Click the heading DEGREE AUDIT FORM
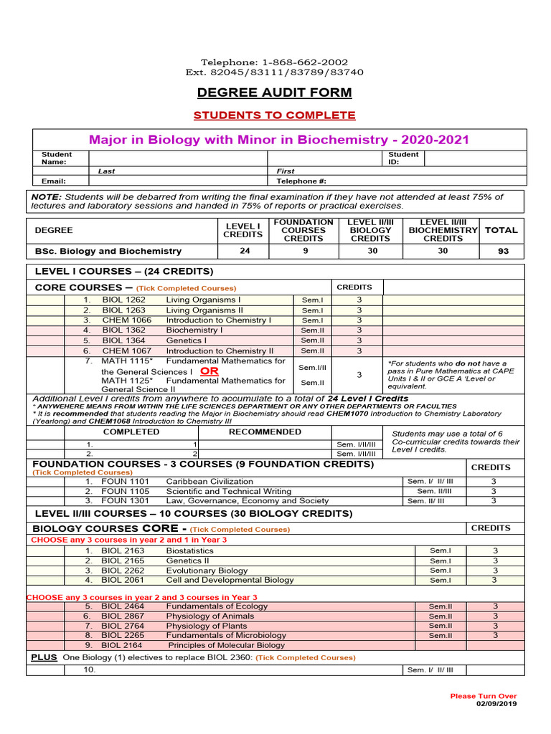[x=275, y=92]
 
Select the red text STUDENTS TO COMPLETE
[x=275, y=115]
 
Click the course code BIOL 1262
[x=123, y=300]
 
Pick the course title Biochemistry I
[x=194, y=330]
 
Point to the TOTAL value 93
[x=501, y=252]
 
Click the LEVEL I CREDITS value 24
[x=245, y=252]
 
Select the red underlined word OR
[x=209, y=371]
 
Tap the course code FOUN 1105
[x=126, y=492]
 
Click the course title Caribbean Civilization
[x=209, y=482]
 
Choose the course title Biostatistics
[x=189, y=551]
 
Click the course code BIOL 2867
[x=123, y=616]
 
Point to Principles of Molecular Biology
[x=226, y=645]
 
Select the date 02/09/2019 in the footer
[x=496, y=703]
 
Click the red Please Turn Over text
[x=483, y=696]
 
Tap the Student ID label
[x=403, y=158]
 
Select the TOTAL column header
[x=501, y=230]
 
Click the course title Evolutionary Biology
[x=207, y=571]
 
